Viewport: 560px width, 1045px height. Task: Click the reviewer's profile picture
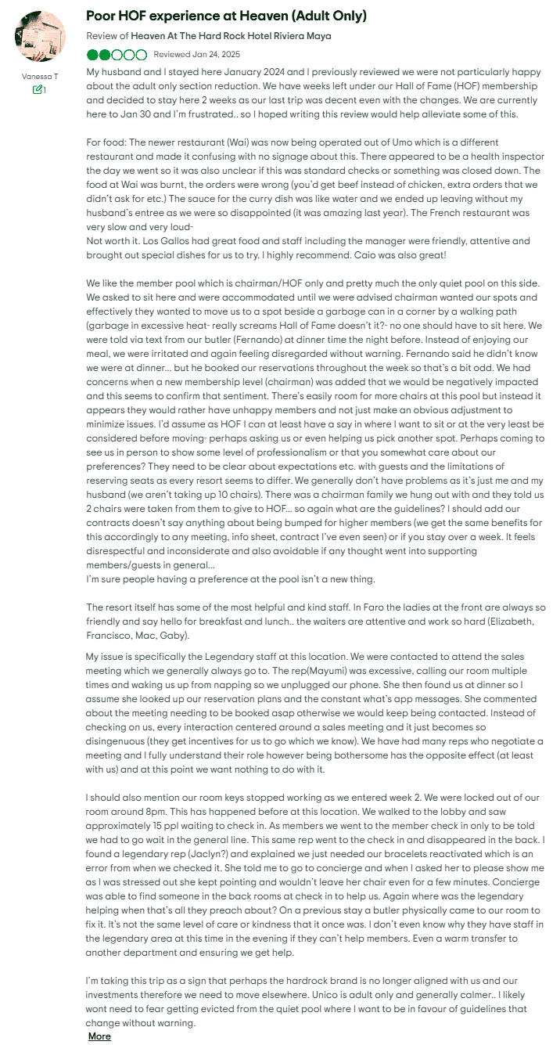[40, 37]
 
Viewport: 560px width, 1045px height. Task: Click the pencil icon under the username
[37, 90]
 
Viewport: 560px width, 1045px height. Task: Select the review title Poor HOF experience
[226, 16]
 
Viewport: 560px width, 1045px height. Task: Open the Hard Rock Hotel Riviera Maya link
[231, 36]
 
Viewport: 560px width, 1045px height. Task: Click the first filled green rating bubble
[93, 55]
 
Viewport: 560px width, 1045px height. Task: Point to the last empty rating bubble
[141, 55]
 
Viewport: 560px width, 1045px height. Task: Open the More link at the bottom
[99, 1036]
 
